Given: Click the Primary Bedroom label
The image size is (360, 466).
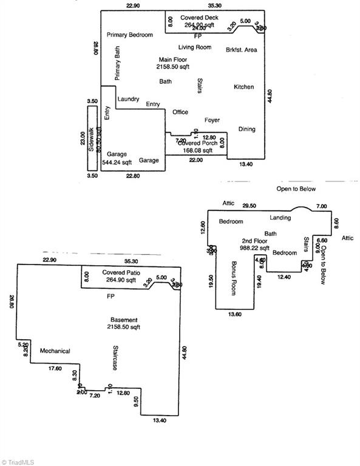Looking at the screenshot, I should click(130, 35).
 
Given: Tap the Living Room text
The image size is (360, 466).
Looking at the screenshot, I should click(194, 47).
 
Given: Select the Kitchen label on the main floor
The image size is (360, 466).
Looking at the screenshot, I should click(243, 87).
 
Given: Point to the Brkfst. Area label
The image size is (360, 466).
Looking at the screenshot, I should click(241, 50).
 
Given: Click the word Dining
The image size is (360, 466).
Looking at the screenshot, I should click(246, 129).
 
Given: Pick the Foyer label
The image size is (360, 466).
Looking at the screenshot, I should click(212, 120).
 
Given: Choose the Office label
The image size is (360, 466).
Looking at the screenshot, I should click(180, 112).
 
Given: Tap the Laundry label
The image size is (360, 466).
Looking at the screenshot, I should click(128, 99).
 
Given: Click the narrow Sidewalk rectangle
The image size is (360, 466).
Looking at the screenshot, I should click(92, 138).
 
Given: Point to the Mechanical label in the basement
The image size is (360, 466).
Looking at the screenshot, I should click(55, 351).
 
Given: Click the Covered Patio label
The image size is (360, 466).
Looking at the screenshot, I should click(121, 273).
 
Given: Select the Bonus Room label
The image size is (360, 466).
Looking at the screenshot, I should click(234, 278).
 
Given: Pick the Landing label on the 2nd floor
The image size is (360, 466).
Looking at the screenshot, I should click(279, 218).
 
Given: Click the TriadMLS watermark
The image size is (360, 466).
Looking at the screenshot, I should click(18, 461).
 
